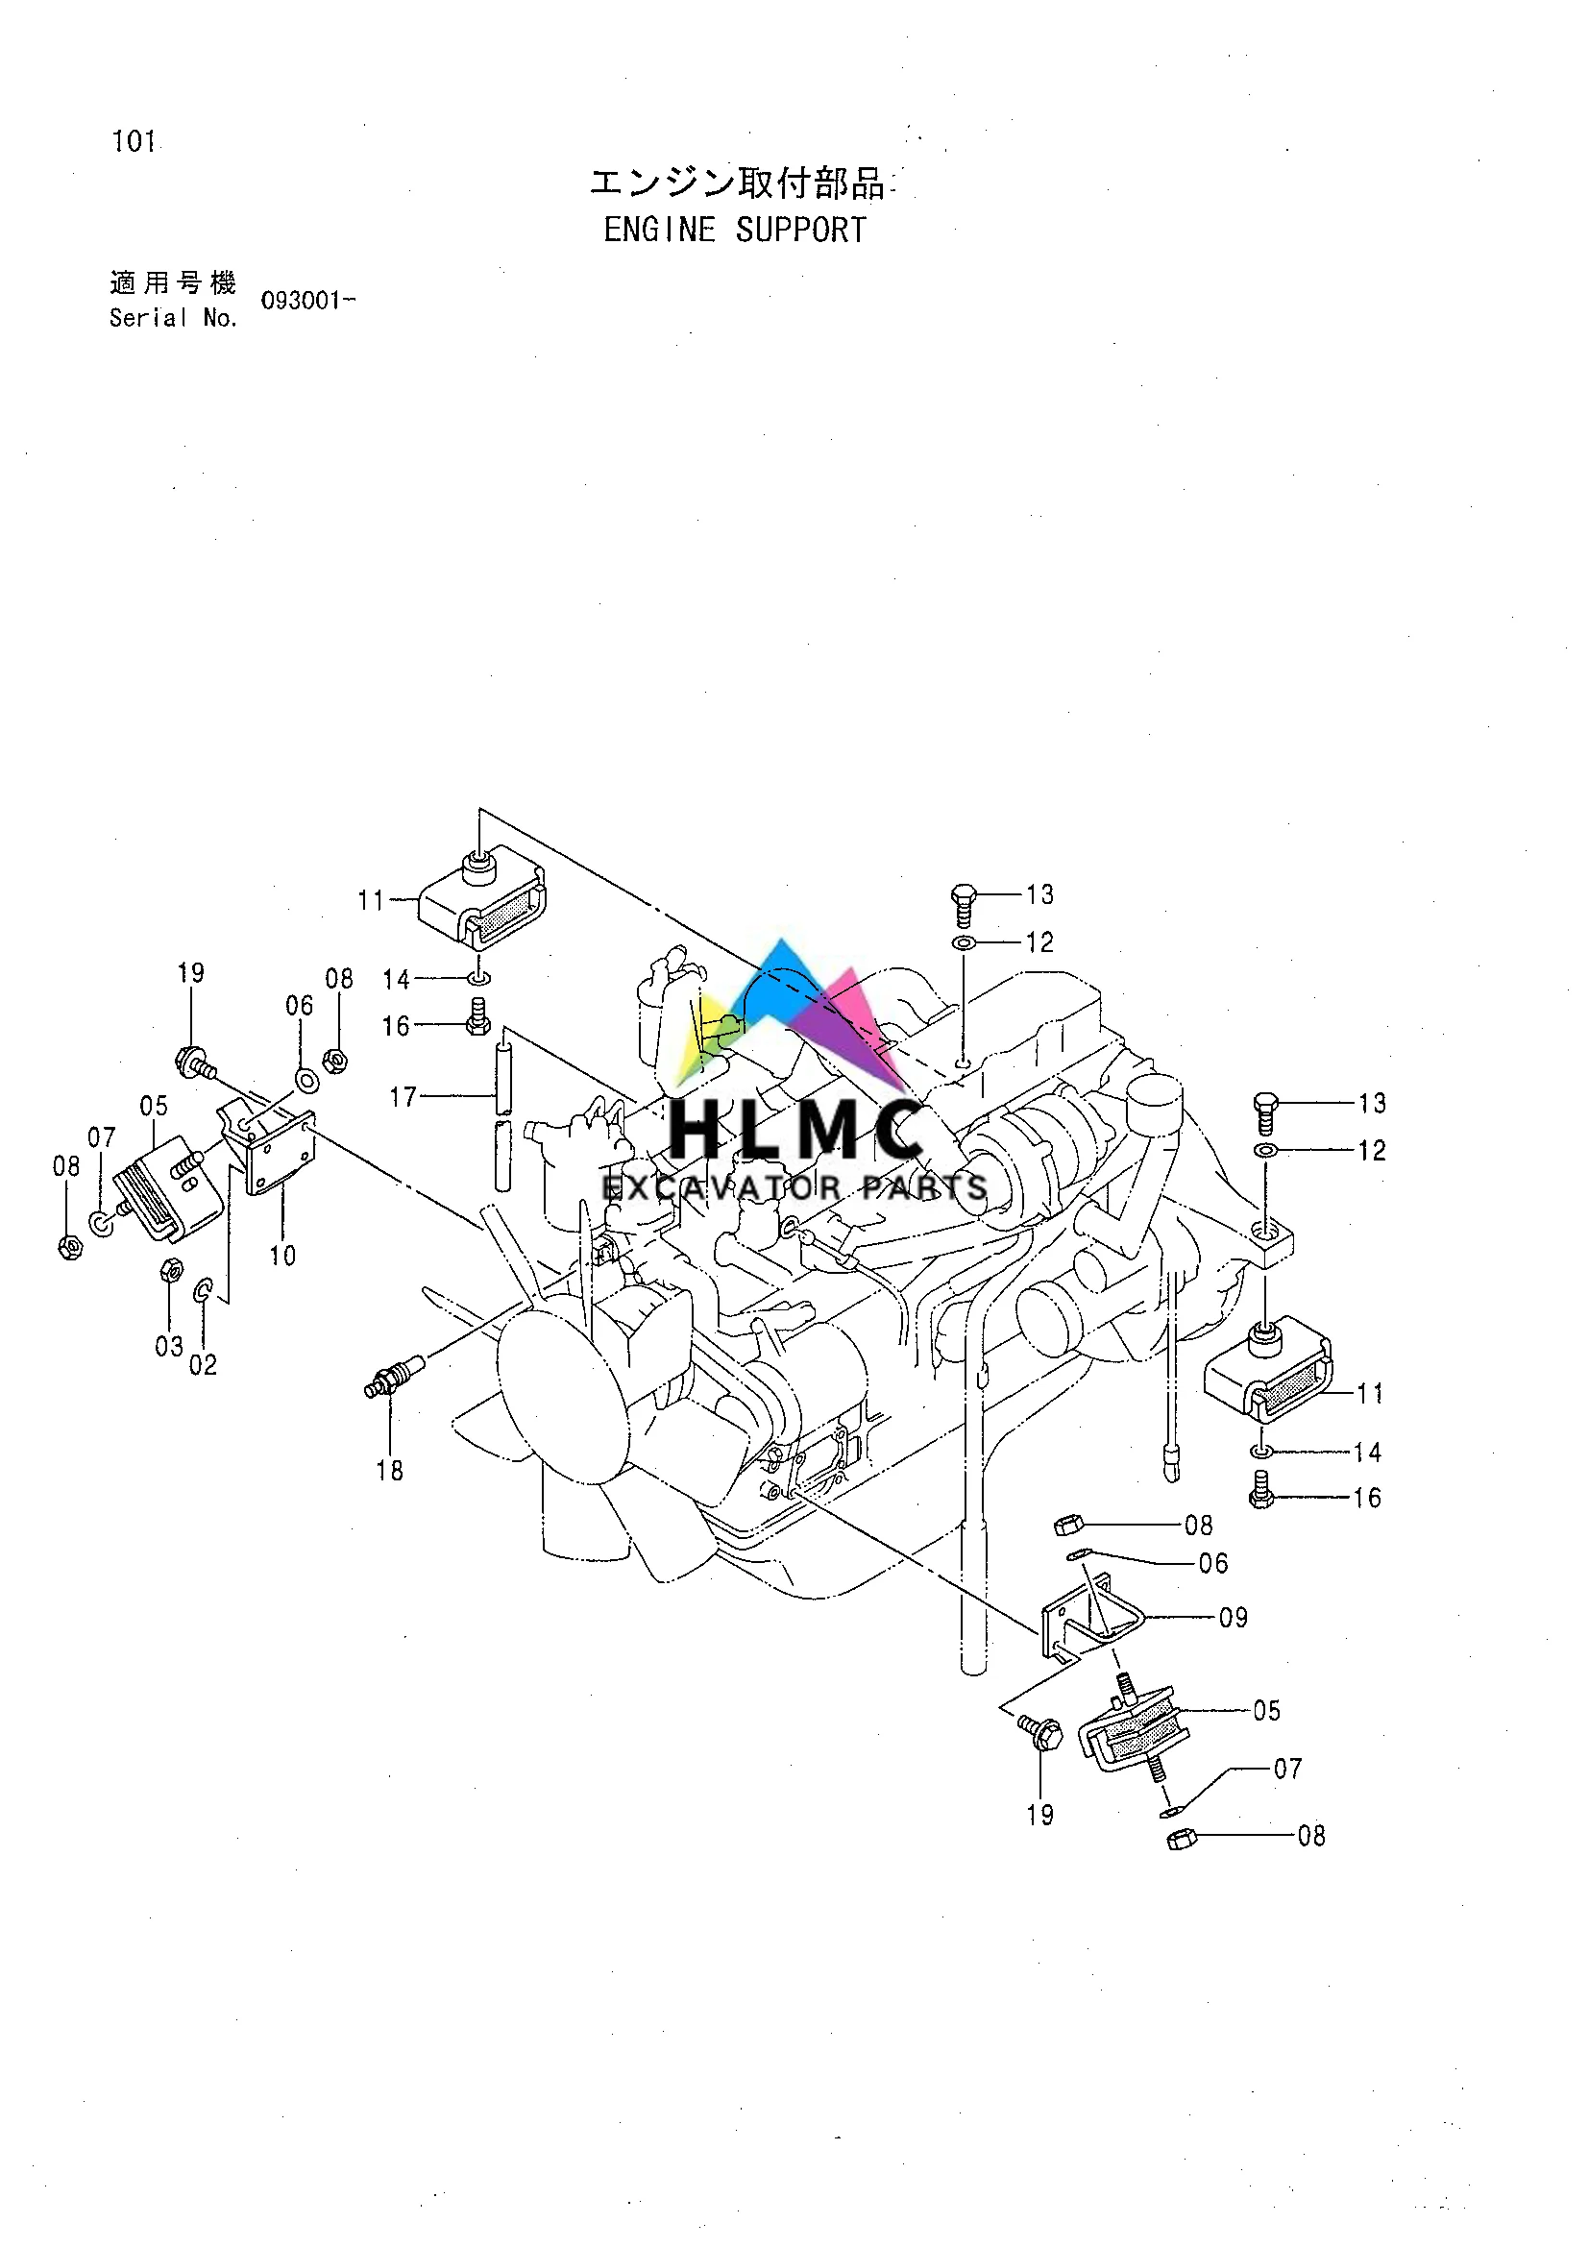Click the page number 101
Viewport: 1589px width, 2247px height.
(134, 142)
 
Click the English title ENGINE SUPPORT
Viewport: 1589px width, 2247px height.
(735, 230)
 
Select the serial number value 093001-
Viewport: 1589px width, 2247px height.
(306, 301)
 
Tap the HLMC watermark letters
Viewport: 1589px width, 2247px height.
(795, 1131)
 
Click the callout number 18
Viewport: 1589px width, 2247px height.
(389, 1470)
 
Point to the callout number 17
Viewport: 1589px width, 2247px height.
(403, 1097)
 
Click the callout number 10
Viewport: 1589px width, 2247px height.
(282, 1256)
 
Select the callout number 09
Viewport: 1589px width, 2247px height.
(1233, 1618)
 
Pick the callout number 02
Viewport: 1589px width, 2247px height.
(203, 1365)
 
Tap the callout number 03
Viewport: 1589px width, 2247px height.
(168, 1347)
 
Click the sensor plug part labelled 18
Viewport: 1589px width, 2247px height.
(392, 1375)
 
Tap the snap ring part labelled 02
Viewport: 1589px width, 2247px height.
(203, 1291)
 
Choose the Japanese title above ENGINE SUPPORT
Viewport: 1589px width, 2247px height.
(736, 183)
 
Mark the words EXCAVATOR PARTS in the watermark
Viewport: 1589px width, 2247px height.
(794, 1189)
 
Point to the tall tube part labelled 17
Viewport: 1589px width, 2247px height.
(501, 1115)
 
